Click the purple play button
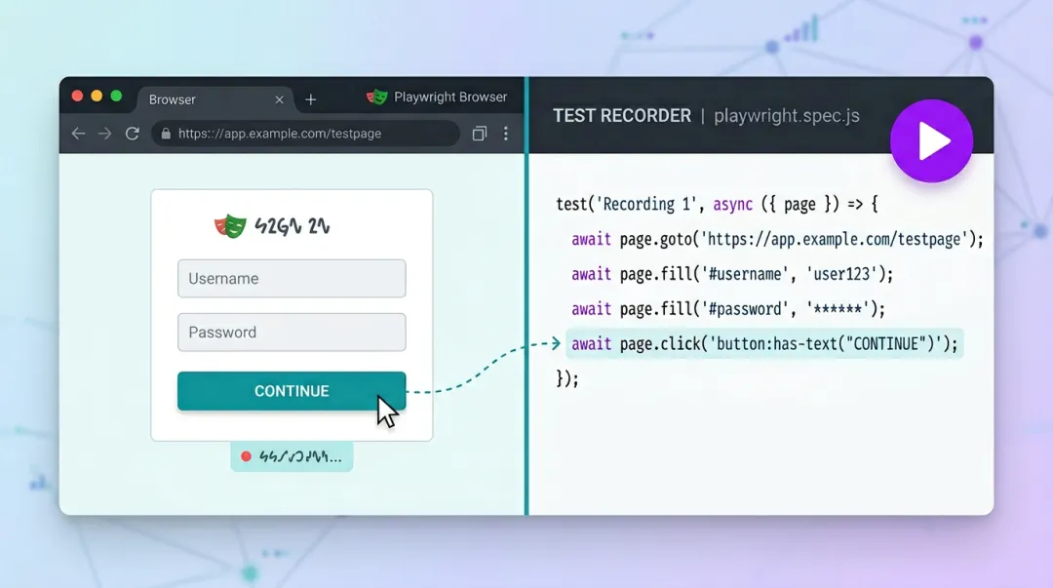click(931, 141)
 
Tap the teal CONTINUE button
click(292, 391)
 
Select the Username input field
click(292, 278)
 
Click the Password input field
click(292, 332)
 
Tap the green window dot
click(116, 96)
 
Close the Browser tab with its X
click(280, 99)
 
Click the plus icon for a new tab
click(310, 99)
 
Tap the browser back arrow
click(78, 134)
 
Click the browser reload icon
click(132, 134)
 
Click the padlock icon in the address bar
click(166, 134)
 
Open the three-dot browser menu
click(505, 134)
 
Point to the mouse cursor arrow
click(386, 411)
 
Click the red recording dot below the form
click(246, 456)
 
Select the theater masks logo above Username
click(230, 226)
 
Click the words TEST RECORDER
click(622, 115)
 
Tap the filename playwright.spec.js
click(786, 115)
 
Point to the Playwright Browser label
click(450, 98)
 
